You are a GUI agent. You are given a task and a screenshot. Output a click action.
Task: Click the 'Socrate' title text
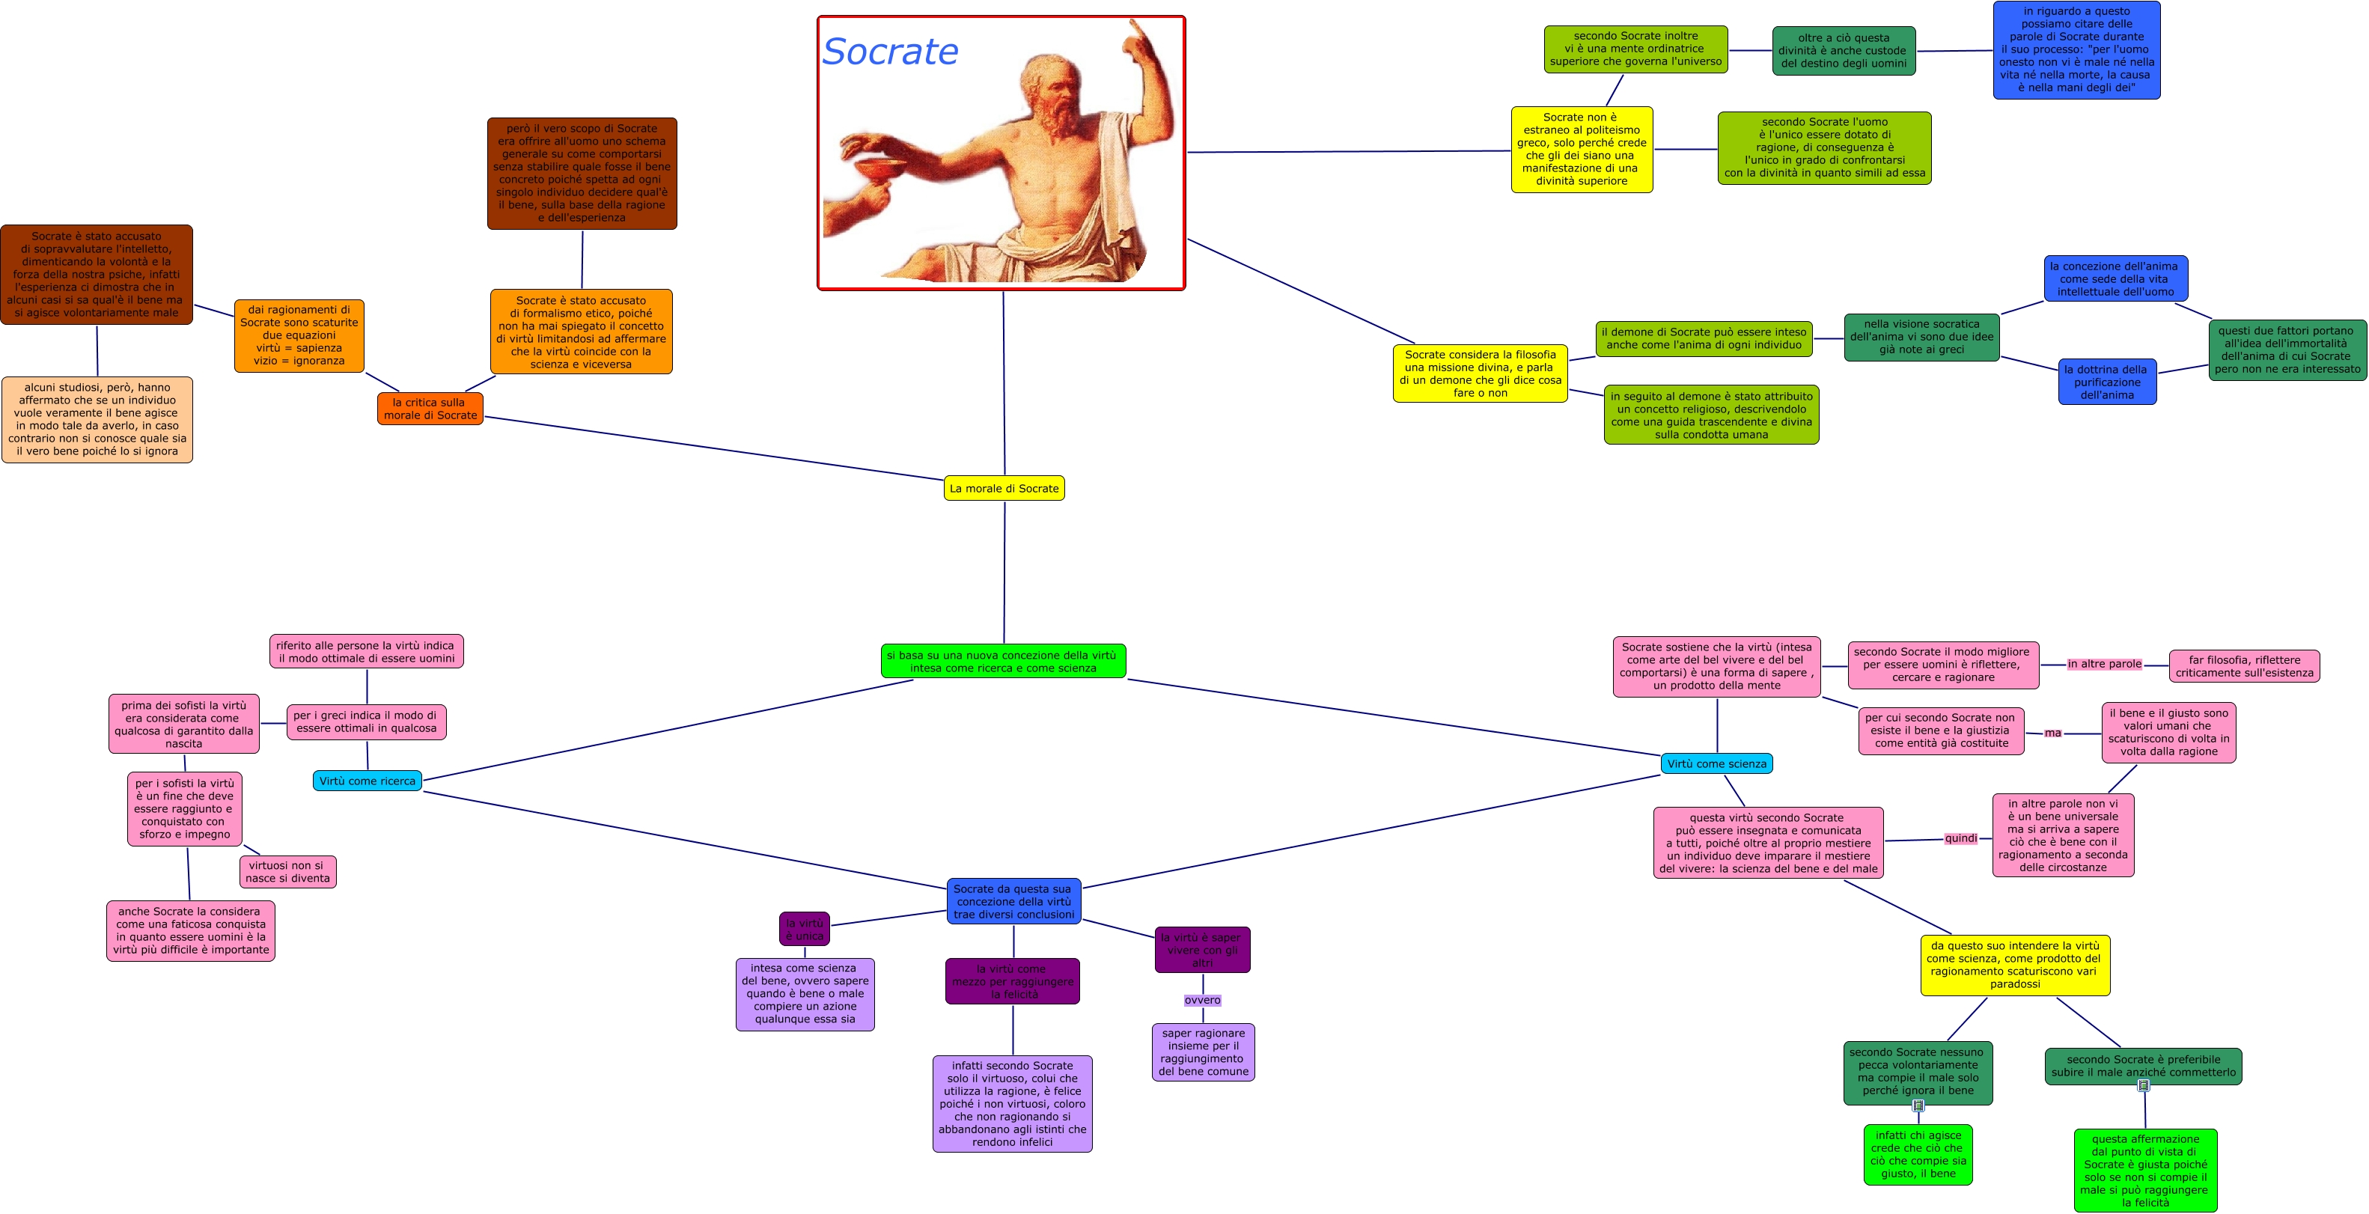tap(889, 52)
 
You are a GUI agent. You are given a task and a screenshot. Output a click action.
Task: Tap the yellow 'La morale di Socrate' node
tap(1003, 488)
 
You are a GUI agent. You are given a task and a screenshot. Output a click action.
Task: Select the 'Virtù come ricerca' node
tap(367, 781)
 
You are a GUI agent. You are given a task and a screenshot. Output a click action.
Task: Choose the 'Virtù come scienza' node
tap(1716, 763)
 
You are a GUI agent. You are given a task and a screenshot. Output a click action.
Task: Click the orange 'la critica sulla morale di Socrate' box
tap(430, 409)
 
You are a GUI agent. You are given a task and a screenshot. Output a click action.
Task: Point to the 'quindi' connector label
tap(1960, 838)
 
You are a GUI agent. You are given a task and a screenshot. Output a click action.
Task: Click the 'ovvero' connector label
tap(1202, 1000)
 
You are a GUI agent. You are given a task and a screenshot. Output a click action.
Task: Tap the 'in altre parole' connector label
tap(2104, 664)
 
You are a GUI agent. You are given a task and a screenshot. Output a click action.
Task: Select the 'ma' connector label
tap(2052, 733)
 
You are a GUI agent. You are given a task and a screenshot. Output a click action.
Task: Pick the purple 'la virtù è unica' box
tap(805, 929)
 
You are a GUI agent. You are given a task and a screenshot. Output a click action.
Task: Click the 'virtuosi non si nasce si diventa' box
tap(287, 872)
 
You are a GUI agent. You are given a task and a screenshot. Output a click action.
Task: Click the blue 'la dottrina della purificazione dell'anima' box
tap(2107, 382)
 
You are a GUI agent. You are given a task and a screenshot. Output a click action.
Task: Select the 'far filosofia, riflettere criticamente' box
tap(2244, 666)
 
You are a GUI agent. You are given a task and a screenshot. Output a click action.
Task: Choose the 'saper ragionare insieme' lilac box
tap(1203, 1052)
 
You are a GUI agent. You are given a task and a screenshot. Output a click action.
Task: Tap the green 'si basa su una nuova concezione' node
tap(1002, 661)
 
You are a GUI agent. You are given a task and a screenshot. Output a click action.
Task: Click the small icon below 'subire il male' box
tap(2144, 1085)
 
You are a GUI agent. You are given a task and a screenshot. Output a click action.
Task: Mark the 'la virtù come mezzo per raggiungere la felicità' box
tap(1013, 981)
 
